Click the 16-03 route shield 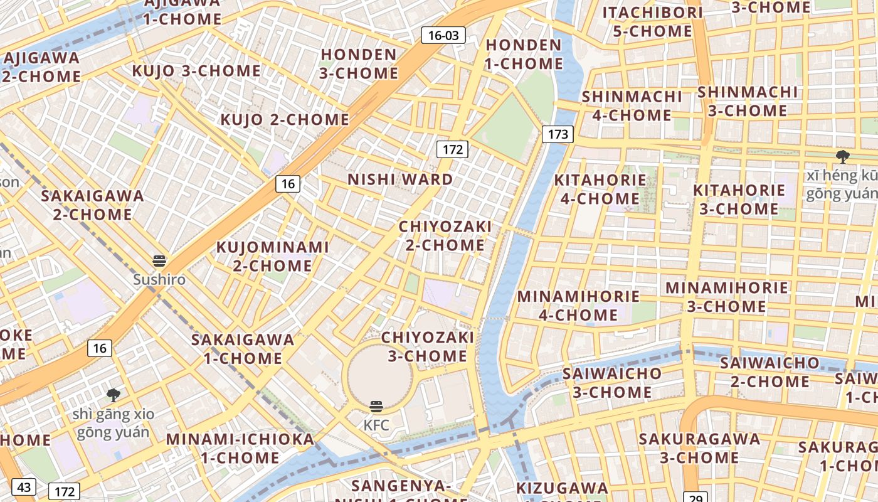point(443,35)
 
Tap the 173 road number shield point(558,134)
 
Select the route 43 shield point(24,487)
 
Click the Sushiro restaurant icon point(159,261)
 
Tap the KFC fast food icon point(376,407)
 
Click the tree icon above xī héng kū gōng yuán point(842,157)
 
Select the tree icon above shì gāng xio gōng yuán point(114,395)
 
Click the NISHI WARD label point(400,179)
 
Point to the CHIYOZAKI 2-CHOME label point(445,235)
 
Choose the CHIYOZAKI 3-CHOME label point(428,346)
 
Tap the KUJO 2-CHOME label point(285,119)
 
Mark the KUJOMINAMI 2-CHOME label point(272,256)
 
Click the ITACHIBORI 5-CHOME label point(652,22)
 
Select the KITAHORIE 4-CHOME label point(600,189)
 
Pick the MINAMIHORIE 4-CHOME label point(578,305)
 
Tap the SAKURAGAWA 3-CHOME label point(699,448)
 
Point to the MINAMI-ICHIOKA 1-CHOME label point(240,448)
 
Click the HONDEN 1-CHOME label point(524,54)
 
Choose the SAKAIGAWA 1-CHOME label point(243,349)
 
